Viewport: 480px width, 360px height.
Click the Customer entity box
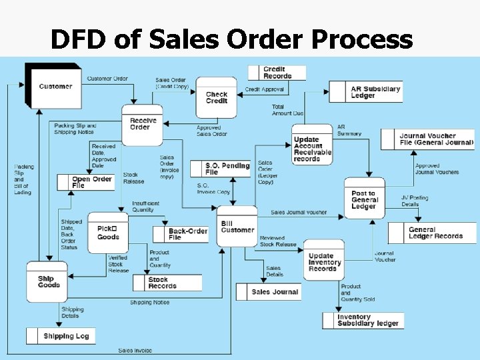coord(54,85)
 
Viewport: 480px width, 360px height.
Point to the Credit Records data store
coord(277,73)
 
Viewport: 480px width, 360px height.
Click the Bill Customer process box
coord(237,226)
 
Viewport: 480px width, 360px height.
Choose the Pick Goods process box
coord(107,232)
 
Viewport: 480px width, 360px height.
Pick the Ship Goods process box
coord(47,282)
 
